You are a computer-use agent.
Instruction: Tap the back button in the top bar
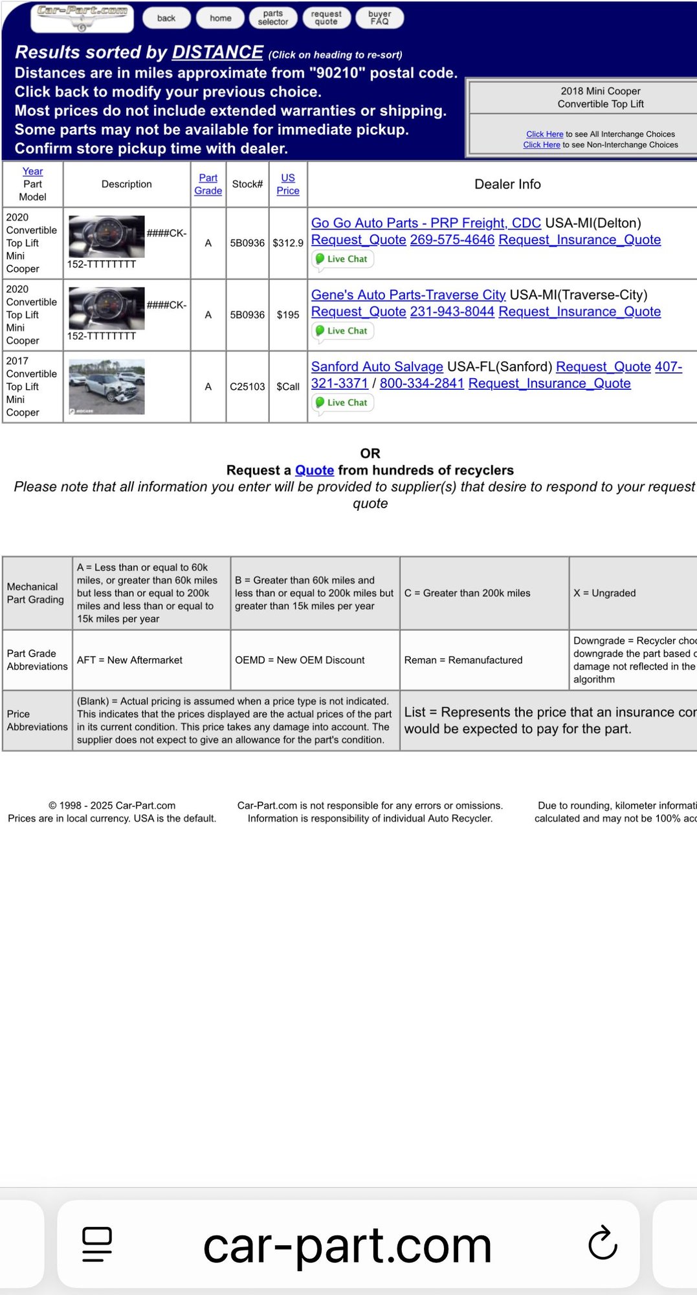[166, 18]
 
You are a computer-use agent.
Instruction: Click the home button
[220, 18]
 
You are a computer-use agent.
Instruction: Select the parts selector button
[273, 18]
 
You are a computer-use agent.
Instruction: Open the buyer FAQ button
[379, 18]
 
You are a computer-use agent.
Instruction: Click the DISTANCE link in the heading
[217, 52]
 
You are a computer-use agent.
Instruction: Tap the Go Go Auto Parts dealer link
[426, 223]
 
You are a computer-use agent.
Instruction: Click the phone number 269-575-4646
[452, 240]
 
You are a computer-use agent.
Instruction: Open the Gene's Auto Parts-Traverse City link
[408, 295]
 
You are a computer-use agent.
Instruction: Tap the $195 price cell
[288, 315]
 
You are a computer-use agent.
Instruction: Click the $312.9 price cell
[288, 243]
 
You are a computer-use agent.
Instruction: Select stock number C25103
[247, 387]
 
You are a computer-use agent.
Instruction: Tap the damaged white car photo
[107, 387]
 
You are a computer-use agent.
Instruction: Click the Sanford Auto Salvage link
[377, 367]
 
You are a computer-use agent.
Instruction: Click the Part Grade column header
[208, 185]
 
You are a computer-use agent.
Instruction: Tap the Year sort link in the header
[32, 172]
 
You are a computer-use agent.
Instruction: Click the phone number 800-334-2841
[421, 384]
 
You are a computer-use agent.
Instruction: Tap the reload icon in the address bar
[603, 1243]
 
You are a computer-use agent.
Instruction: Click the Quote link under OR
[315, 471]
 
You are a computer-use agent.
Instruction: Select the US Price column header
[288, 185]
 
